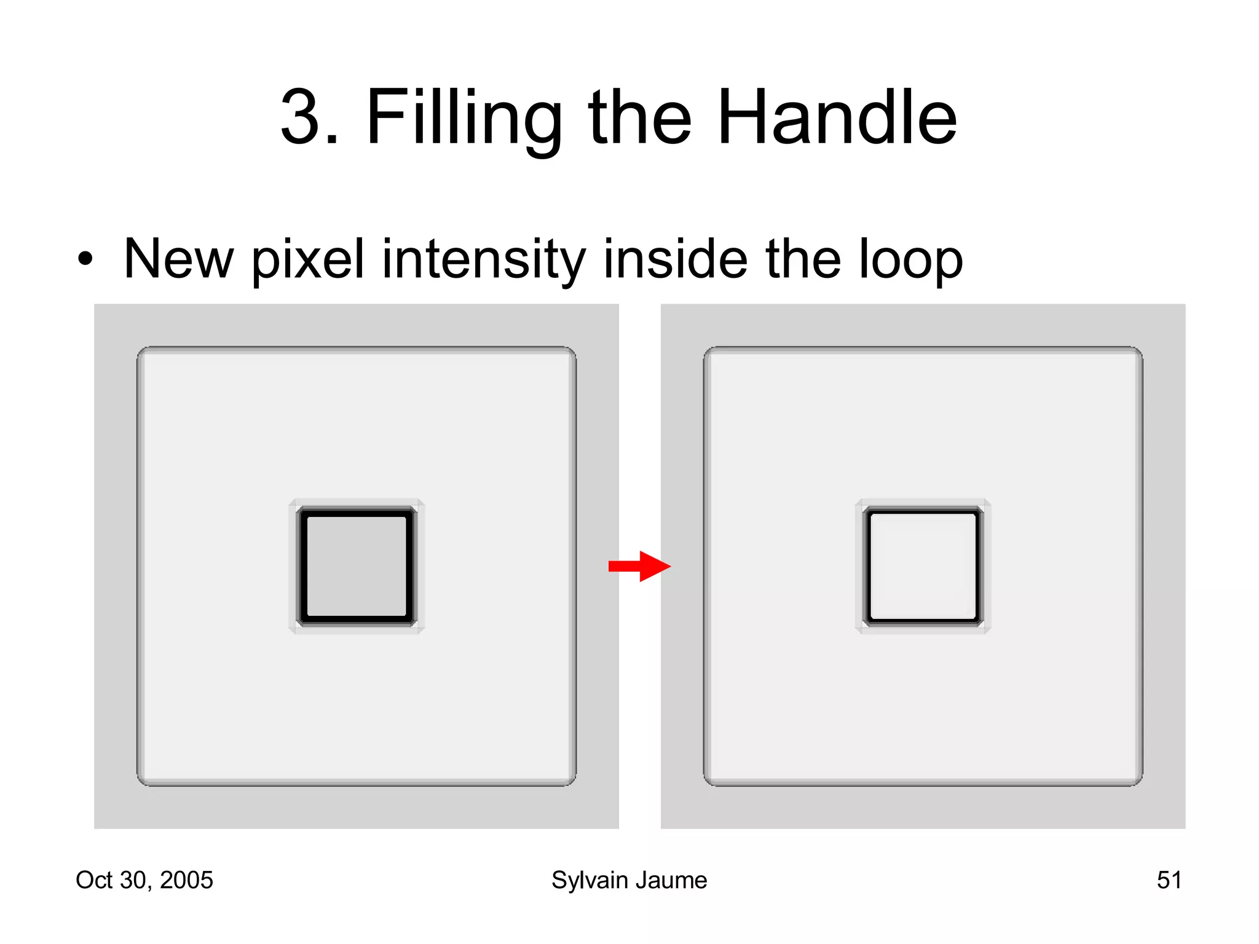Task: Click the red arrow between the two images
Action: (639, 566)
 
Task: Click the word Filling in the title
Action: (464, 117)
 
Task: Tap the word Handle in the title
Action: (837, 117)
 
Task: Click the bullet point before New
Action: (85, 260)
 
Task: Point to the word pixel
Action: (308, 260)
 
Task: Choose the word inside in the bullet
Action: (675, 260)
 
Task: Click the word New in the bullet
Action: (178, 260)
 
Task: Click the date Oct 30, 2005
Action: (144, 880)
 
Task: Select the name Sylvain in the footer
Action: (590, 880)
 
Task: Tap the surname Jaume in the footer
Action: (673, 880)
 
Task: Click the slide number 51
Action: (1169, 880)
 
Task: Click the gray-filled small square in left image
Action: (357, 566)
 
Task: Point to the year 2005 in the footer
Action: (186, 880)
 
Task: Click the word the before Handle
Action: (640, 117)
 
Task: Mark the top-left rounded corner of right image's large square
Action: (708, 352)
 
